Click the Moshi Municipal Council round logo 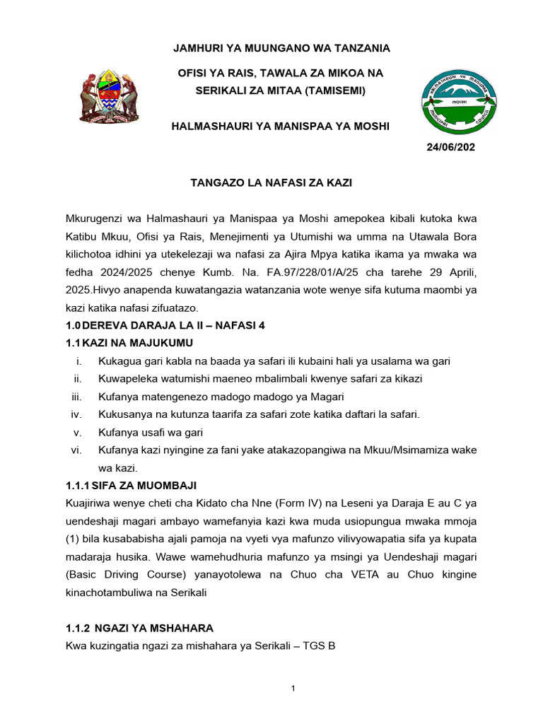[458, 103]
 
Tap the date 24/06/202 [450, 147]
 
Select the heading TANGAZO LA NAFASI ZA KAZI [271, 182]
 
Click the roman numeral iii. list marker [77, 397]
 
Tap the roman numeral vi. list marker [77, 450]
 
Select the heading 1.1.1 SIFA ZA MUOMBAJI [131, 485]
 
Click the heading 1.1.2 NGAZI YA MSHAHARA [139, 628]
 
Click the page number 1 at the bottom [293, 689]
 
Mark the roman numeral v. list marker [78, 433]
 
